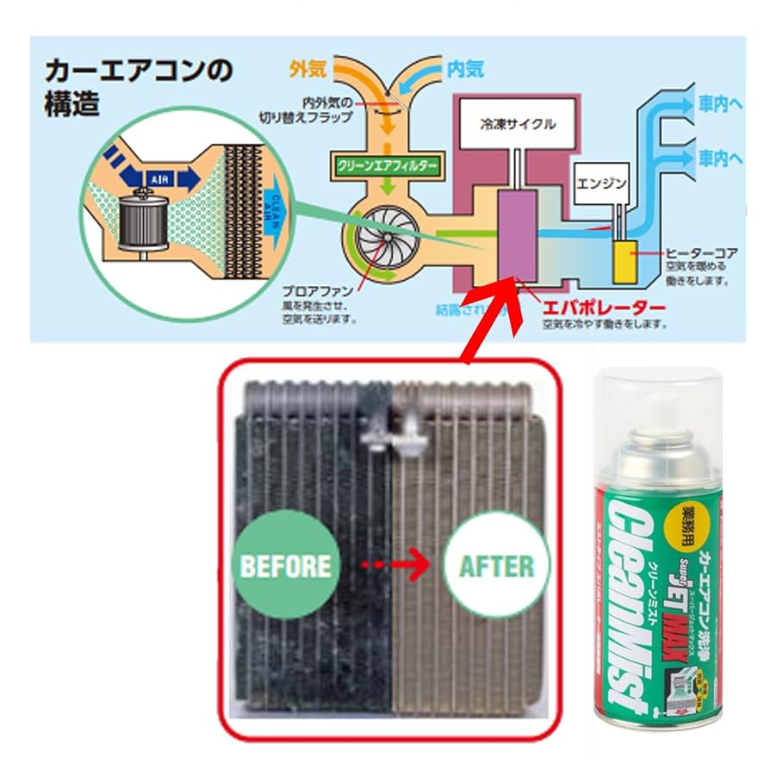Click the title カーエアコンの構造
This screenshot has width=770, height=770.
coord(138,86)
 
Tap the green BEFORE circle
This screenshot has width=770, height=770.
coord(286,565)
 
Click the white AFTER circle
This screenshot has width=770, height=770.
coord(495,566)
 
